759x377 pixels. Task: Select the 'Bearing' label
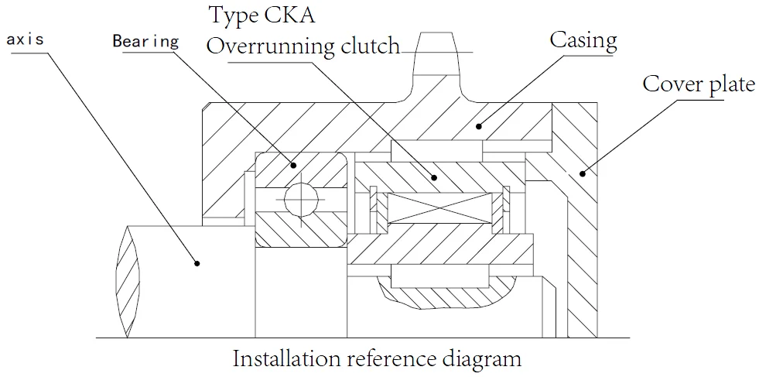pos(145,41)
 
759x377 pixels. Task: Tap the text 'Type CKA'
pos(262,15)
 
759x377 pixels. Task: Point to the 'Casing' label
pos(583,39)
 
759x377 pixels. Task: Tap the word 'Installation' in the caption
pos(286,359)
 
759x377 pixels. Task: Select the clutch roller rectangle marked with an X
pos(438,209)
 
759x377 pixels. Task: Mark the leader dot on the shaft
pos(197,263)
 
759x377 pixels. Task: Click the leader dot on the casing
pos(480,124)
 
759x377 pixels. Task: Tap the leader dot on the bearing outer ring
pos(294,164)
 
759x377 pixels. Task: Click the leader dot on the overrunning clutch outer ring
pos(434,177)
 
